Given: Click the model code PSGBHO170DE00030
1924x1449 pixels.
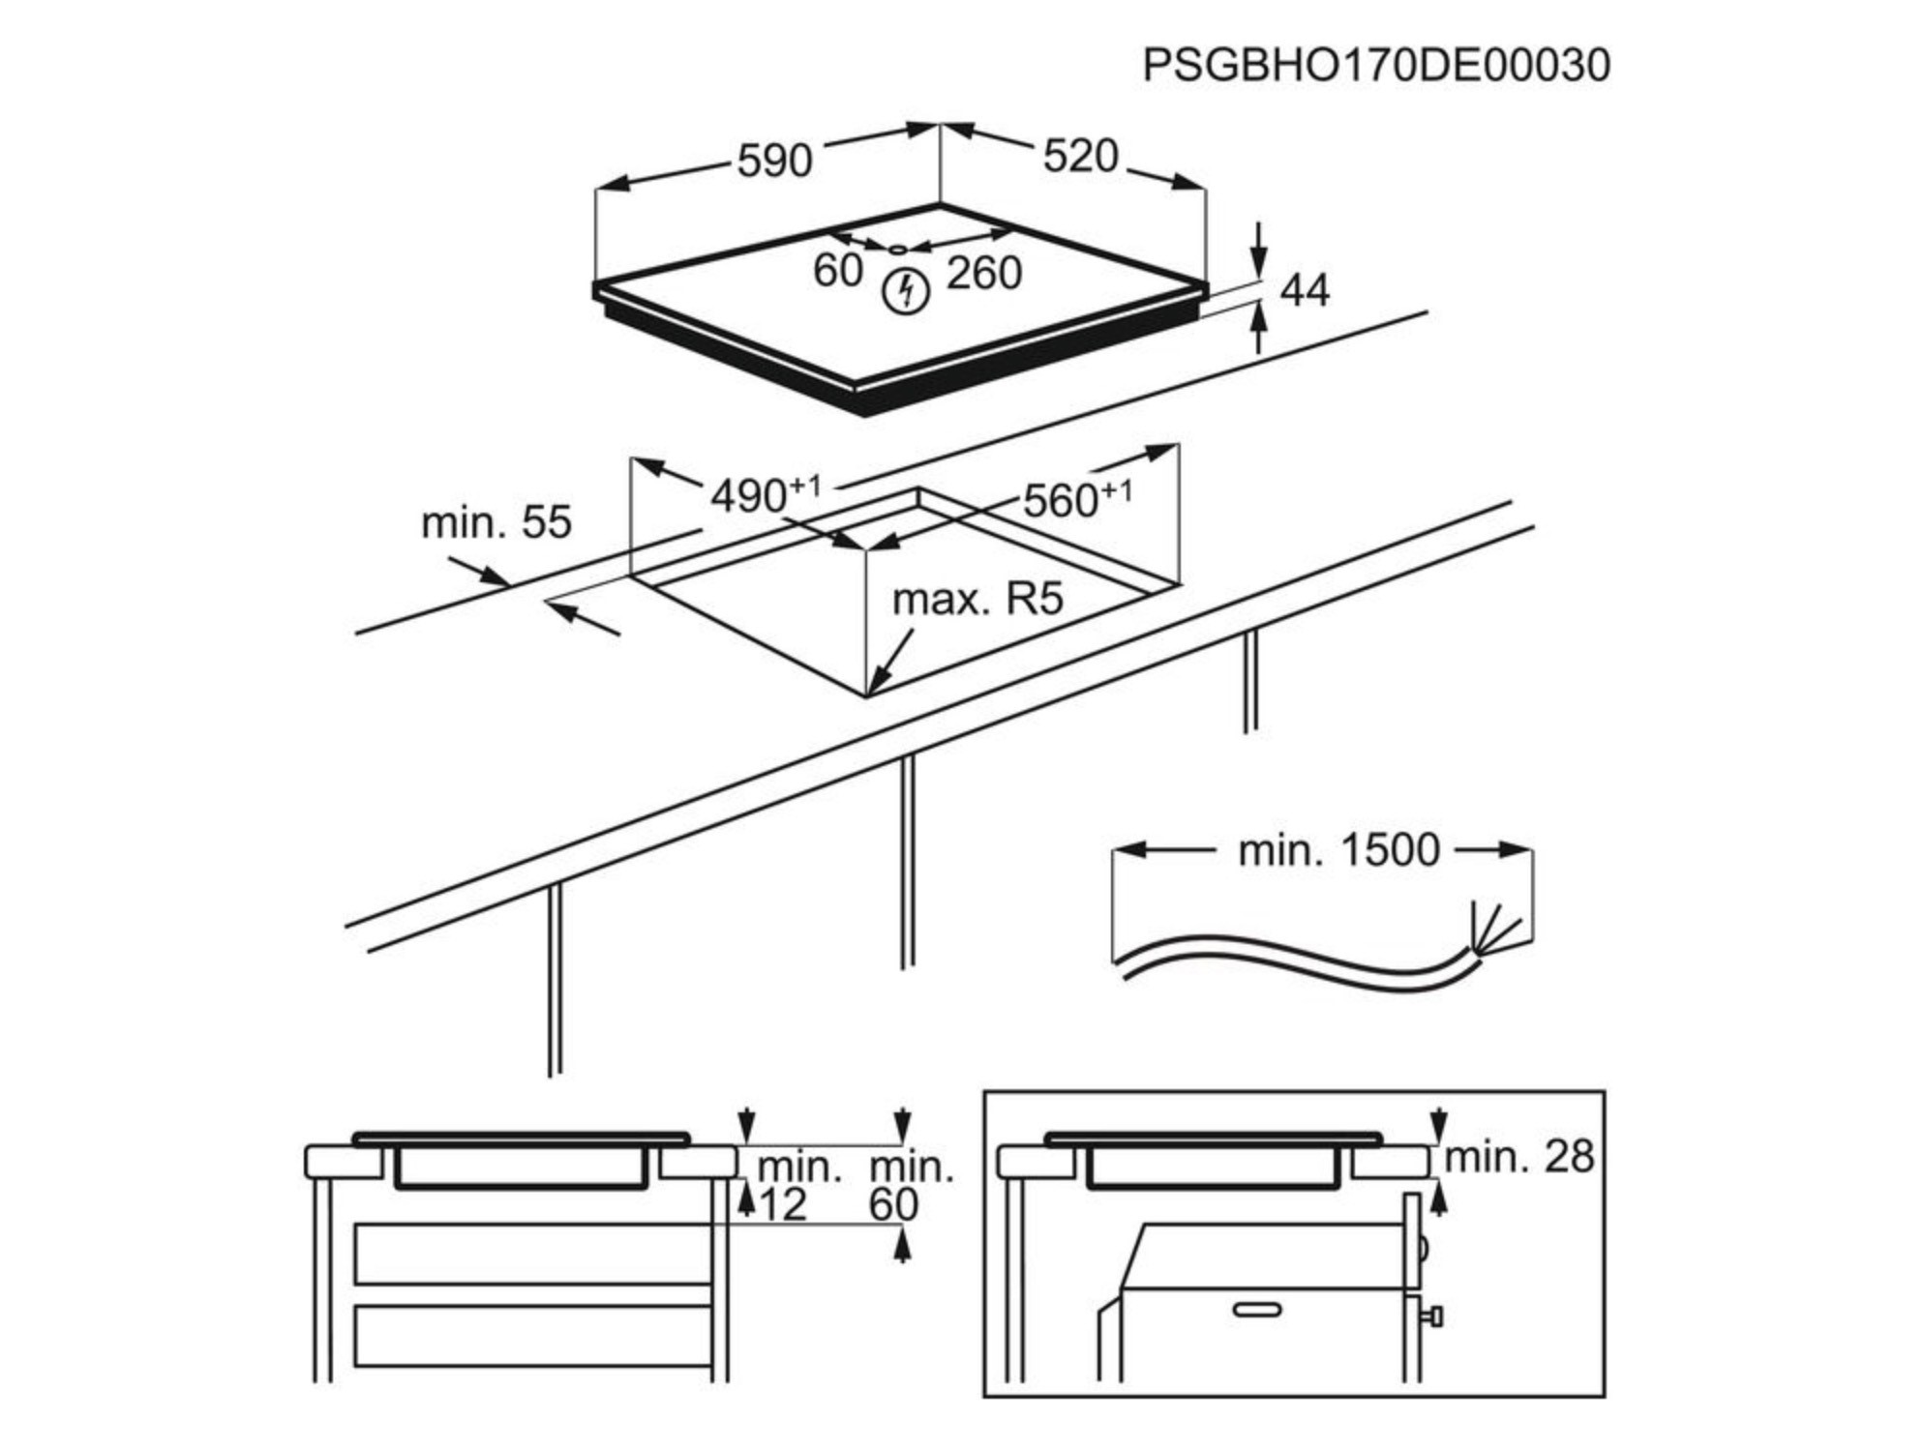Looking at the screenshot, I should coord(1376,66).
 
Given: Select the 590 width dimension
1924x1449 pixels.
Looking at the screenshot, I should coord(774,161).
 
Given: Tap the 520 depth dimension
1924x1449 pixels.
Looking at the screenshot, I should coord(1080,156).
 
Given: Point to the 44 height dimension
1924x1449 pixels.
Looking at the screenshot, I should coord(1305,290).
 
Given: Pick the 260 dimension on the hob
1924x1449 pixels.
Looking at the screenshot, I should coord(983,273).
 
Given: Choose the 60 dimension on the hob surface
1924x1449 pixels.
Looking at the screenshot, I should coord(837,271).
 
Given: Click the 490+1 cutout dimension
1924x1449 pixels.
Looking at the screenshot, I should coord(765,494).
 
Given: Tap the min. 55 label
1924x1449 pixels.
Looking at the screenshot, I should coord(496,522).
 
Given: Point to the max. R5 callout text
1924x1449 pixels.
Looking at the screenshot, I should coord(977,600).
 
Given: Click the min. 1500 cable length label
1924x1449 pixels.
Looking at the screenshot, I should coord(1338,850).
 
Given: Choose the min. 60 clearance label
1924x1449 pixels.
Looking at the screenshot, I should coord(910,1185).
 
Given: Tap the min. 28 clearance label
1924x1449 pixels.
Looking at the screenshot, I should coord(1518,1157).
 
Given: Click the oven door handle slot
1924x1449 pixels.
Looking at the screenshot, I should coord(1257,1310).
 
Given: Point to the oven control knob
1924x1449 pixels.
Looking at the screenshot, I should coord(1433,1316).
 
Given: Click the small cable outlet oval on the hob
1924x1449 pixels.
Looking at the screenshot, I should coord(898,250).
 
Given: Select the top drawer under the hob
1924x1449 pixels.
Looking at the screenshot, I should coord(532,1255).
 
